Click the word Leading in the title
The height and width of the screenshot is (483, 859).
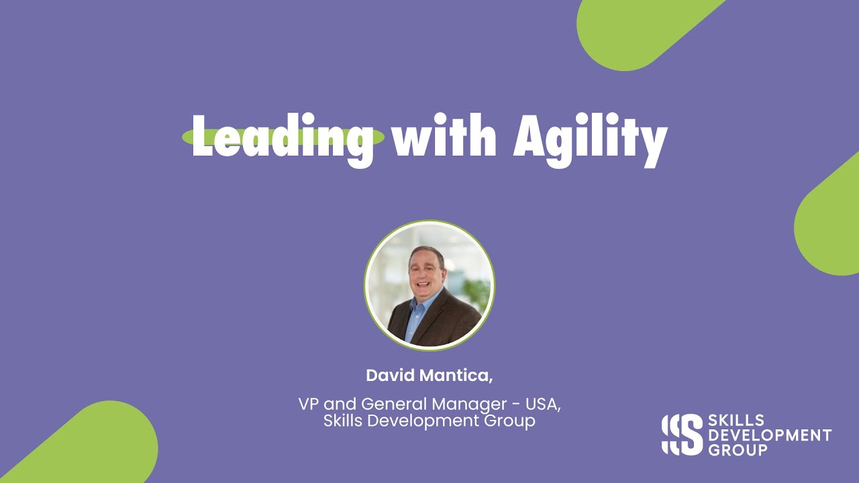(x=283, y=139)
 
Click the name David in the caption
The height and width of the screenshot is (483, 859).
(x=389, y=376)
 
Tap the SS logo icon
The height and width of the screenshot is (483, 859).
(x=682, y=434)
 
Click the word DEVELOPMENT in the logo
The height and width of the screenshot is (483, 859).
(x=770, y=435)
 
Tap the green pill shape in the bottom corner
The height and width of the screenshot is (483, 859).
(x=94, y=446)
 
